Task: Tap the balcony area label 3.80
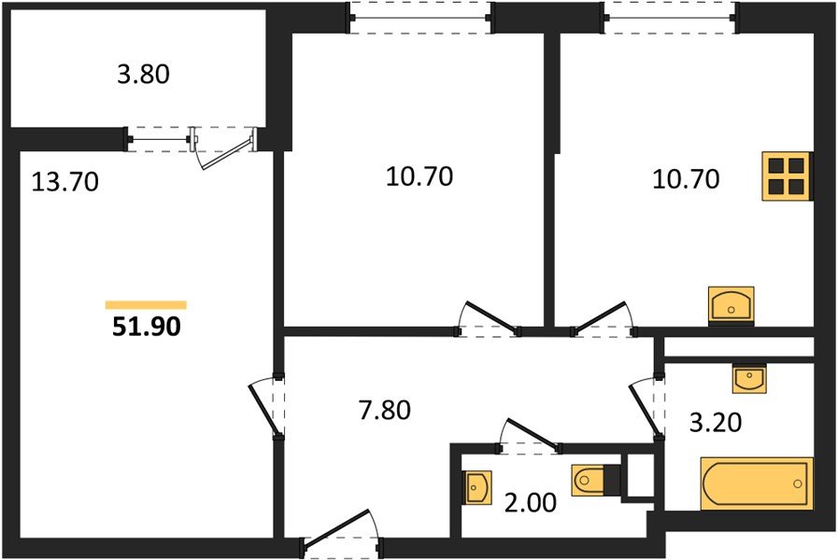click(143, 75)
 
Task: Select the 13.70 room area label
click(64, 180)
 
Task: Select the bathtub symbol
click(756, 483)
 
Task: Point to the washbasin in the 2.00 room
click(476, 485)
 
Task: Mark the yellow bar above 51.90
click(146, 304)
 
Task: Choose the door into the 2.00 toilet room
click(531, 435)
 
